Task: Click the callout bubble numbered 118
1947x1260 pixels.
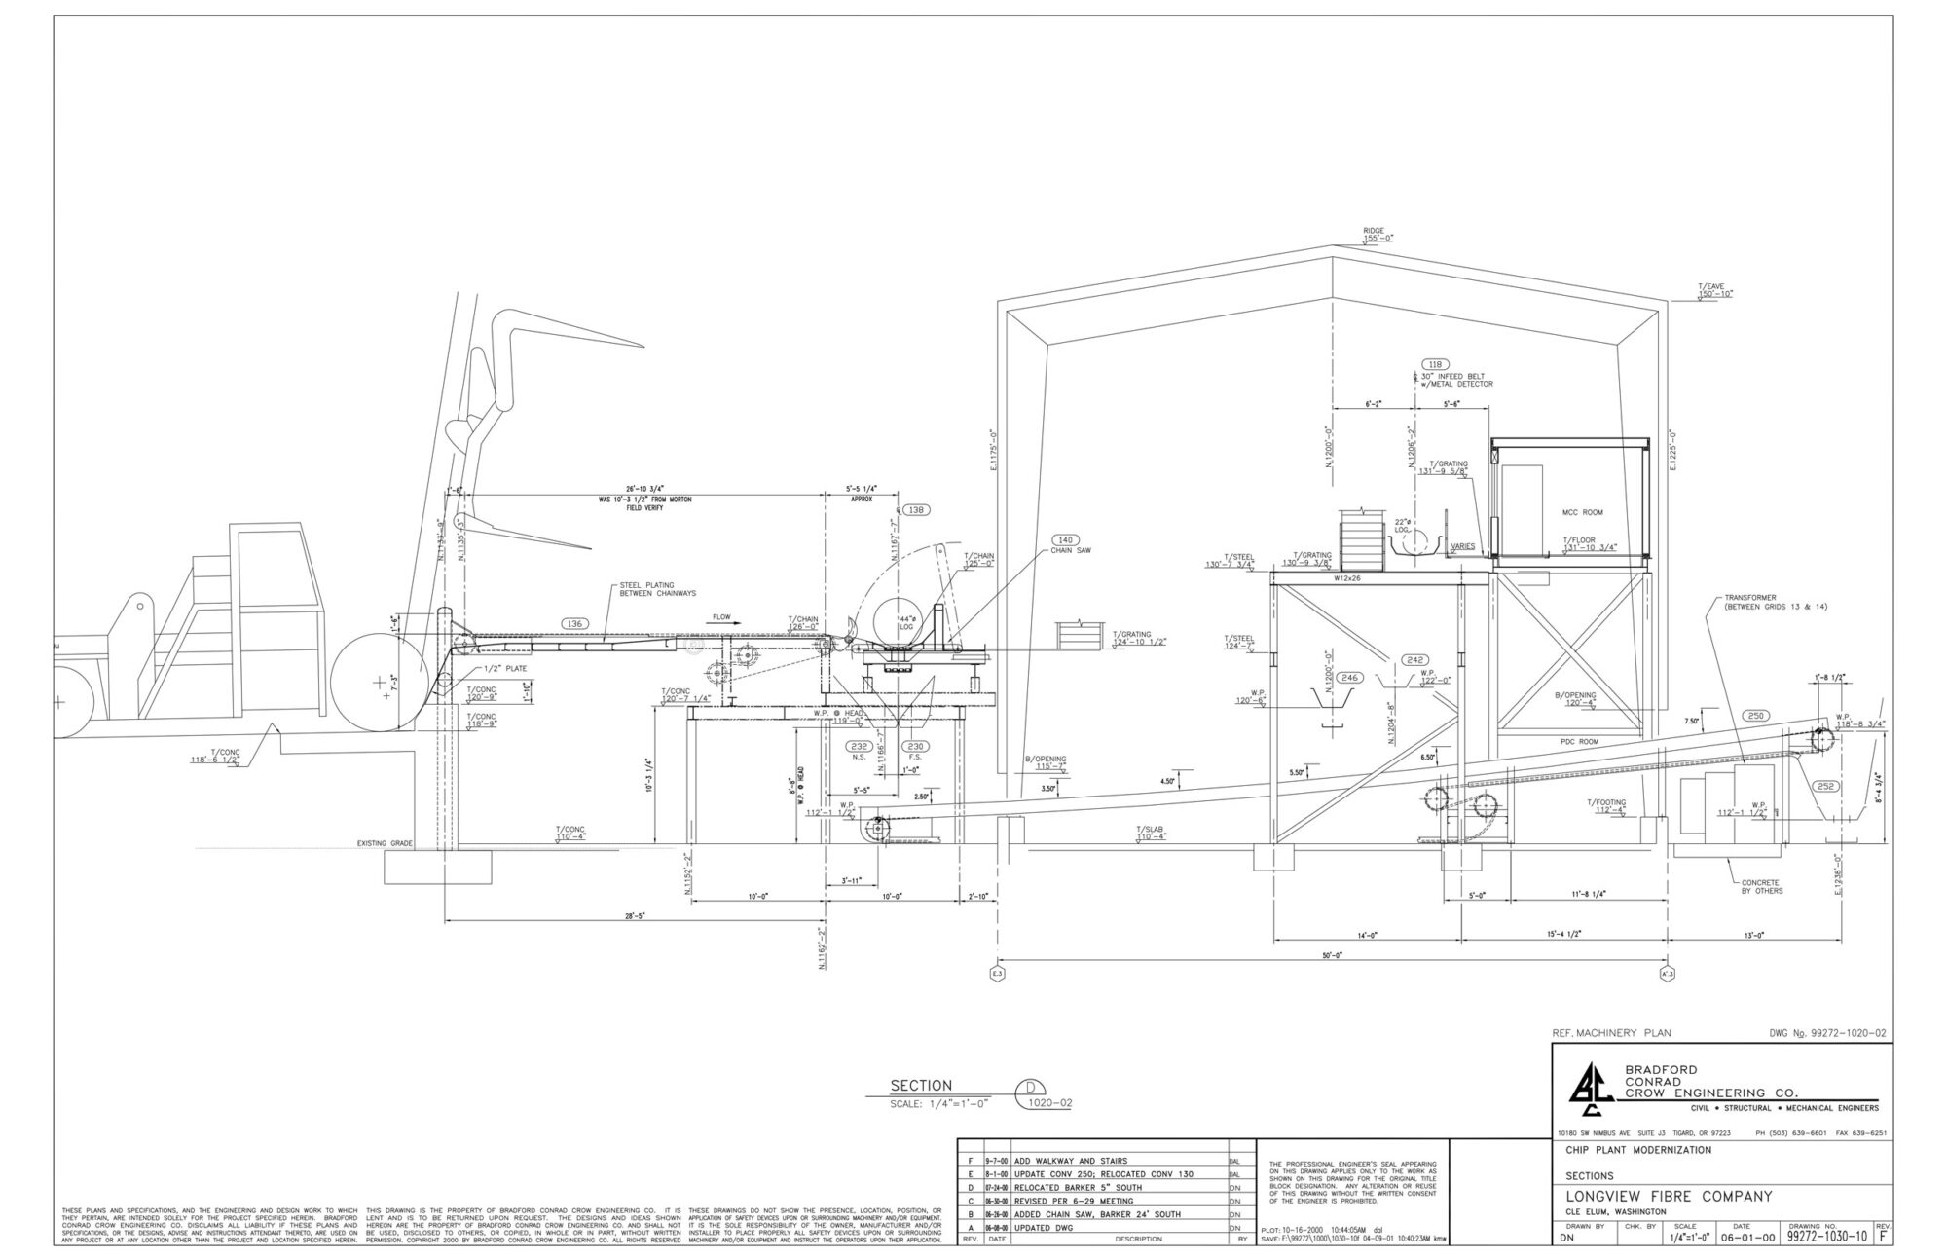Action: click(x=1434, y=364)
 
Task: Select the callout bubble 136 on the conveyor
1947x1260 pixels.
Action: click(x=574, y=623)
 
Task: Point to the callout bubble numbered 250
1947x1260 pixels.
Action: click(x=1755, y=716)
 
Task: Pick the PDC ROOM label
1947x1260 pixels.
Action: click(x=1581, y=742)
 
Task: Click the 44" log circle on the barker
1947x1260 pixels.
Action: click(x=897, y=623)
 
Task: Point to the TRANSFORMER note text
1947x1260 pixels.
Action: click(x=1762, y=602)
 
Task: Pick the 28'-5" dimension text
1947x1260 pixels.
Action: click(x=639, y=916)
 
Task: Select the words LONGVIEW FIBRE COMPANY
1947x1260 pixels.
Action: click(x=1669, y=1196)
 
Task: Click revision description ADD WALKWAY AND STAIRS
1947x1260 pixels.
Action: click(x=1071, y=1161)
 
